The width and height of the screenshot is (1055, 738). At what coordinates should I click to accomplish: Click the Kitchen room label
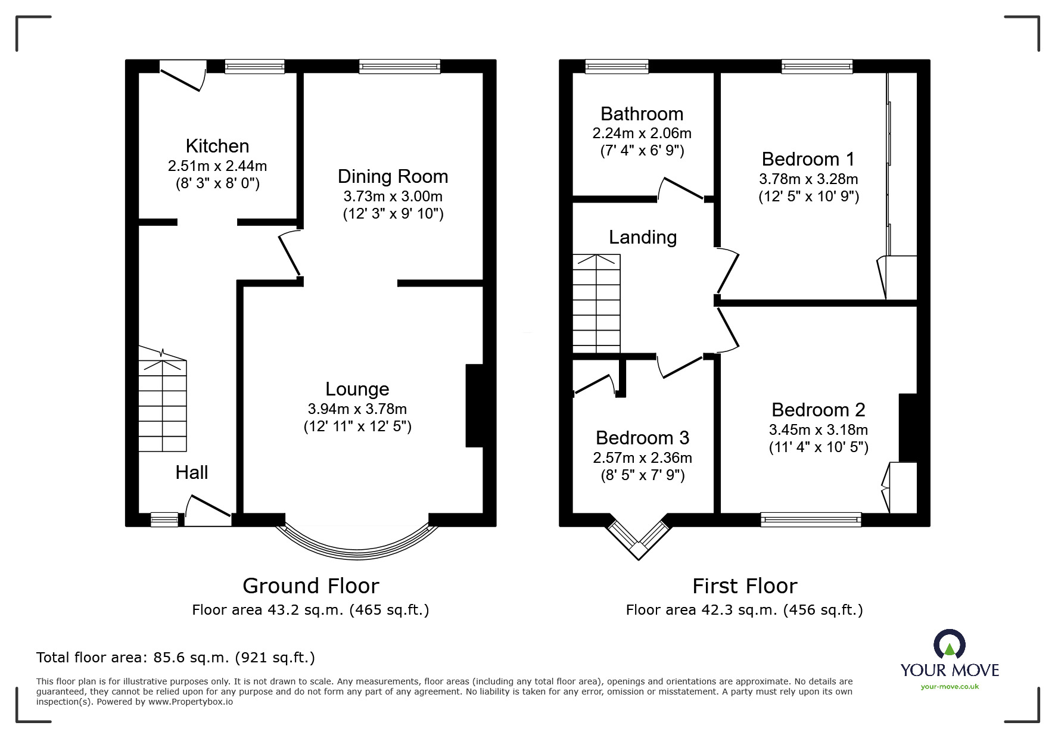(x=217, y=146)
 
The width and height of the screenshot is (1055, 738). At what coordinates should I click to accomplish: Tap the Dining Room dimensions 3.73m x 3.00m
(x=393, y=196)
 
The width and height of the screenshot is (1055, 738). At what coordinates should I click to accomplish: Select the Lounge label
(x=357, y=389)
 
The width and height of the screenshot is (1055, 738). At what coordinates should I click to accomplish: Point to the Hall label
(x=192, y=472)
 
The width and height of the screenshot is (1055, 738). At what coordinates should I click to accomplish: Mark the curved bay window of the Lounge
(x=357, y=550)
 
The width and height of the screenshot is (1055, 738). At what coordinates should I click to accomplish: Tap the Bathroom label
(x=642, y=114)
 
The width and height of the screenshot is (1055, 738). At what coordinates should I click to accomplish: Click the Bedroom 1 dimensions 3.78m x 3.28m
(x=808, y=179)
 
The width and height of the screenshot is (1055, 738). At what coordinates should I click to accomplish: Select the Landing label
(x=643, y=237)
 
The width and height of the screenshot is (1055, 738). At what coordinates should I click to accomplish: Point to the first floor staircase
(x=596, y=304)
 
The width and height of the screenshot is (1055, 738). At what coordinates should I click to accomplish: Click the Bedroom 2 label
(x=819, y=410)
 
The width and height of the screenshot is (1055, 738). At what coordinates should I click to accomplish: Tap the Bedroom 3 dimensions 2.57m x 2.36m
(x=643, y=457)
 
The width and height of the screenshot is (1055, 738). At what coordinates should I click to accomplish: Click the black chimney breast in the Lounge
(x=474, y=405)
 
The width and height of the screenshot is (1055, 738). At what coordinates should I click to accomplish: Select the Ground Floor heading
(x=311, y=586)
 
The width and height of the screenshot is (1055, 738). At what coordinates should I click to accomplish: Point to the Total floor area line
(x=176, y=658)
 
